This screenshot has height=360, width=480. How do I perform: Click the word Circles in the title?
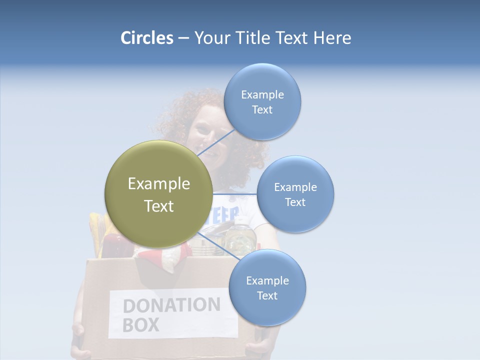(x=146, y=38)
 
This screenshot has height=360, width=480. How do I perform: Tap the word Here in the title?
(x=332, y=38)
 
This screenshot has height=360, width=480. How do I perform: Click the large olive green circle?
(x=158, y=194)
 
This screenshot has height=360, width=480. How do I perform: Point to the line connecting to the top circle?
(x=216, y=142)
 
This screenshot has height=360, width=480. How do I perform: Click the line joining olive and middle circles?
(x=235, y=194)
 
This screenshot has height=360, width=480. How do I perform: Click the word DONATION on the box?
(x=171, y=305)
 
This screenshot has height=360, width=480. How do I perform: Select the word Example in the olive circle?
(x=158, y=184)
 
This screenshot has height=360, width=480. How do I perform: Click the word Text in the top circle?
(x=262, y=110)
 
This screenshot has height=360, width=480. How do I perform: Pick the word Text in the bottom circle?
(x=267, y=296)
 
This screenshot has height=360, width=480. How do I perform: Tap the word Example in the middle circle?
(x=295, y=187)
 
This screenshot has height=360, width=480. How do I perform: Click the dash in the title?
(x=183, y=38)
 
